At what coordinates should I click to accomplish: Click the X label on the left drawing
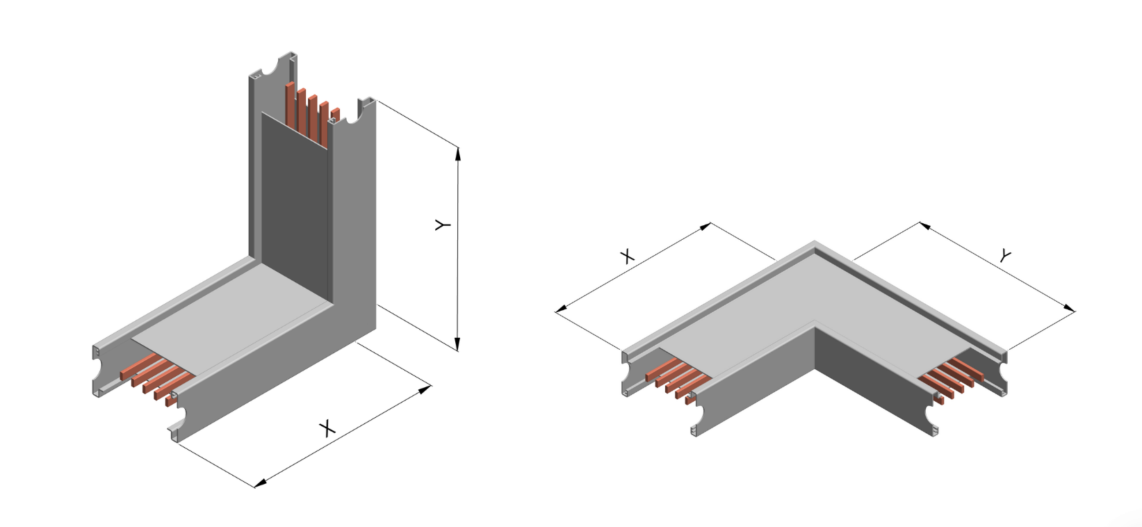[x=327, y=428]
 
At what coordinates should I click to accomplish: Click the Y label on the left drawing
[x=443, y=225]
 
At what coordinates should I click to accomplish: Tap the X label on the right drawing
[x=627, y=257]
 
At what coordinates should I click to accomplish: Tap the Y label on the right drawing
[x=1005, y=257]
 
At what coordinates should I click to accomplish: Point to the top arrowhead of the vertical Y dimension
[x=458, y=152]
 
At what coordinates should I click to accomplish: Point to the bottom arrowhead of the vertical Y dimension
[x=457, y=345]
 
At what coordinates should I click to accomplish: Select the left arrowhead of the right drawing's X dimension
[x=560, y=310]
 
